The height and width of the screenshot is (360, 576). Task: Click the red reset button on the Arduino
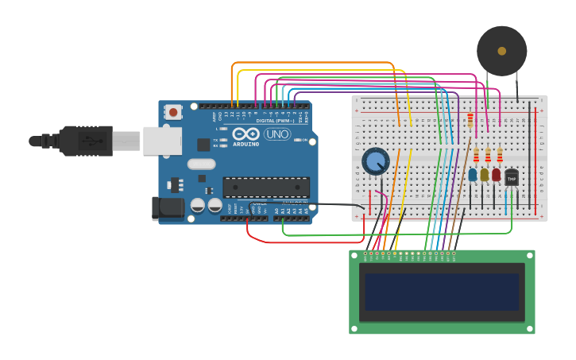(x=173, y=112)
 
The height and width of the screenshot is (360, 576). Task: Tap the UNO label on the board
(x=277, y=134)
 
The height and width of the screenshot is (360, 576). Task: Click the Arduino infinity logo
(x=246, y=134)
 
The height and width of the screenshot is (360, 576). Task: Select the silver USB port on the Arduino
(x=162, y=141)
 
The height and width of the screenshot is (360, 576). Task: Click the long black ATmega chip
(x=266, y=187)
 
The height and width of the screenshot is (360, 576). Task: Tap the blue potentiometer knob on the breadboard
(x=375, y=161)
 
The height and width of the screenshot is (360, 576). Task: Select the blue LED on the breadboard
(x=473, y=174)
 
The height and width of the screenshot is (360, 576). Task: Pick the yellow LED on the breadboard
(x=484, y=174)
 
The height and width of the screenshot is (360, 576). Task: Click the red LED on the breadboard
(x=496, y=174)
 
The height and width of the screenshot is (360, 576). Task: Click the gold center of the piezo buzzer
(x=501, y=51)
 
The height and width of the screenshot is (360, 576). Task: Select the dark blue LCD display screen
(x=442, y=292)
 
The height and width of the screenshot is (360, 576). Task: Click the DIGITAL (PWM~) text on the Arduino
(x=275, y=120)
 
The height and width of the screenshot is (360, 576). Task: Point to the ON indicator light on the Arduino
(x=302, y=140)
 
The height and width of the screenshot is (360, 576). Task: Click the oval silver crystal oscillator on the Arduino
(x=201, y=165)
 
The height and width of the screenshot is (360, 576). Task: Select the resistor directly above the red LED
(x=499, y=153)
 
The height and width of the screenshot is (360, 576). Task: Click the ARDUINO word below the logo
(x=246, y=144)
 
